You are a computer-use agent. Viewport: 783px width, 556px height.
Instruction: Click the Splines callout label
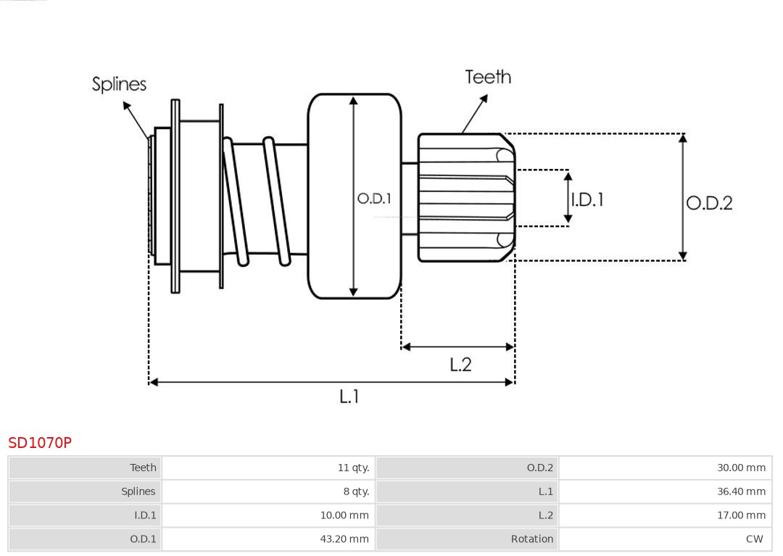coord(119,84)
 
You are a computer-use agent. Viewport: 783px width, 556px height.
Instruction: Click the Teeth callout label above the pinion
coord(488,77)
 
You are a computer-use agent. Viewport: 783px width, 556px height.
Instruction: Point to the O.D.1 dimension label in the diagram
coord(374,199)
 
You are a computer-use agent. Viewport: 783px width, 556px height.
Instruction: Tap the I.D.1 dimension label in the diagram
coord(587,199)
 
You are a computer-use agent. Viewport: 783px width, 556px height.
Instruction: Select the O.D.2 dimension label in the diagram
coord(709,203)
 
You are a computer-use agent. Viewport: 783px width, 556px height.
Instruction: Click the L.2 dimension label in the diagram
coord(460,364)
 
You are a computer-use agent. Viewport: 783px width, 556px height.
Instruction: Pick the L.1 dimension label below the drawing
coord(349,396)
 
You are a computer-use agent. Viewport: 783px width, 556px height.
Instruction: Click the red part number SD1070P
coord(40,442)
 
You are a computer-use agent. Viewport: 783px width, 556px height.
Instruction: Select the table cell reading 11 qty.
coord(353,468)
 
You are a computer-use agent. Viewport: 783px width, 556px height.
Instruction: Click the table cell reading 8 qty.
coord(356,491)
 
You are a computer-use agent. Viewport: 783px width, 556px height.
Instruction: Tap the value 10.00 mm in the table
coord(344,515)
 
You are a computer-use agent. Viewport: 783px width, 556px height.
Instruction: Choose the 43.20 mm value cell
coord(344,539)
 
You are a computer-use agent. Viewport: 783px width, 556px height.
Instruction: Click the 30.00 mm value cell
coord(741,468)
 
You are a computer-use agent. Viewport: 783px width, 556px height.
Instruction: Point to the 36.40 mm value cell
coord(741,491)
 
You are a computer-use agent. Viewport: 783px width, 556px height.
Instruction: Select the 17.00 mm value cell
coord(741,515)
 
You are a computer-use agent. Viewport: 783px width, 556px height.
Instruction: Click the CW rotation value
coord(754,539)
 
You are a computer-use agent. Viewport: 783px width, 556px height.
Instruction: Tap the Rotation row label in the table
coord(531,539)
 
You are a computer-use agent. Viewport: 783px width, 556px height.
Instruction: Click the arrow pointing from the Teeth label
coord(475,114)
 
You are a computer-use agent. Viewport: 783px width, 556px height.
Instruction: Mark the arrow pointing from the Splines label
coord(136,120)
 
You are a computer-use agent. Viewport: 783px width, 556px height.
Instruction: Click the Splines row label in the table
coord(138,491)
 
